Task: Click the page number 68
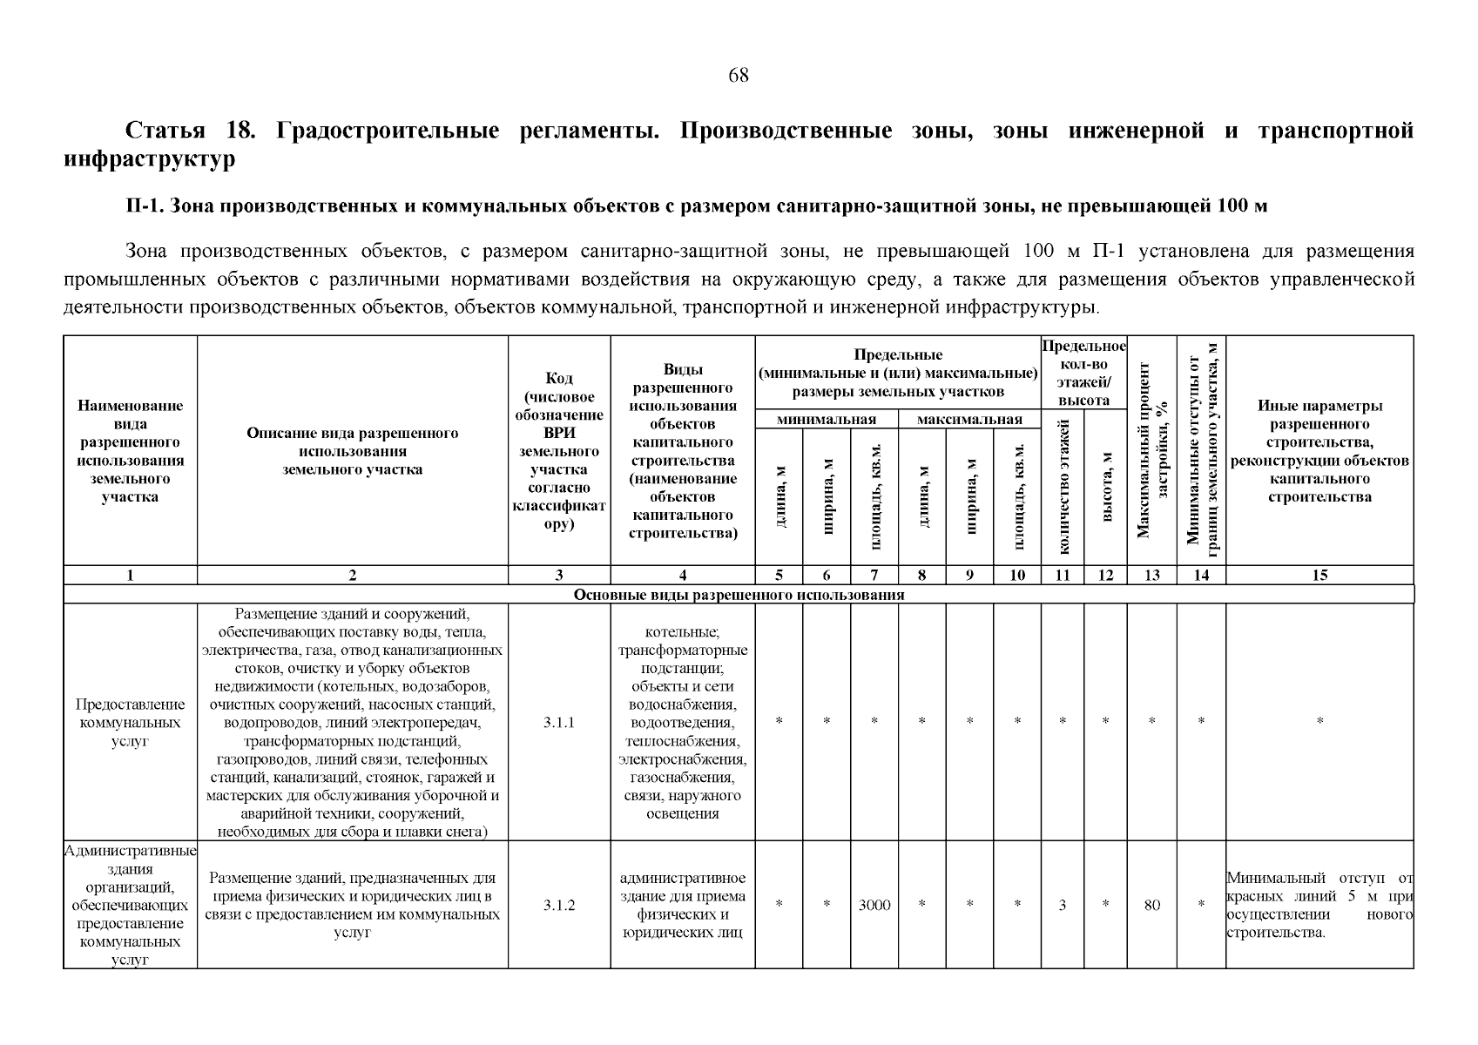pos(738,76)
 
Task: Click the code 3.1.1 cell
pos(558,722)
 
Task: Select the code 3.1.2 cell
pos(558,905)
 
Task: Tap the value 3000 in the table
pos(874,905)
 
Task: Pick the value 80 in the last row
pos(1151,905)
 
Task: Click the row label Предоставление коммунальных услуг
pos(130,722)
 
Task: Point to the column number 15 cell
pos(1319,575)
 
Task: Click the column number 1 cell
pos(130,575)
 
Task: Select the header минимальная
pos(826,420)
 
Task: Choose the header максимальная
pos(969,420)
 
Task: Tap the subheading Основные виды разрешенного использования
pos(739,595)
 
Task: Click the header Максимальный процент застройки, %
pos(1151,450)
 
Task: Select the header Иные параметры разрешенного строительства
pos(1319,451)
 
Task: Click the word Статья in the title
pos(165,131)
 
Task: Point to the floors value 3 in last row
pos(1063,905)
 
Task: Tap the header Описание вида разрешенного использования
pos(352,451)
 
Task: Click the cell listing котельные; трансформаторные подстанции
pos(682,722)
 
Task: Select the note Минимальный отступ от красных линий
pos(1319,905)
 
